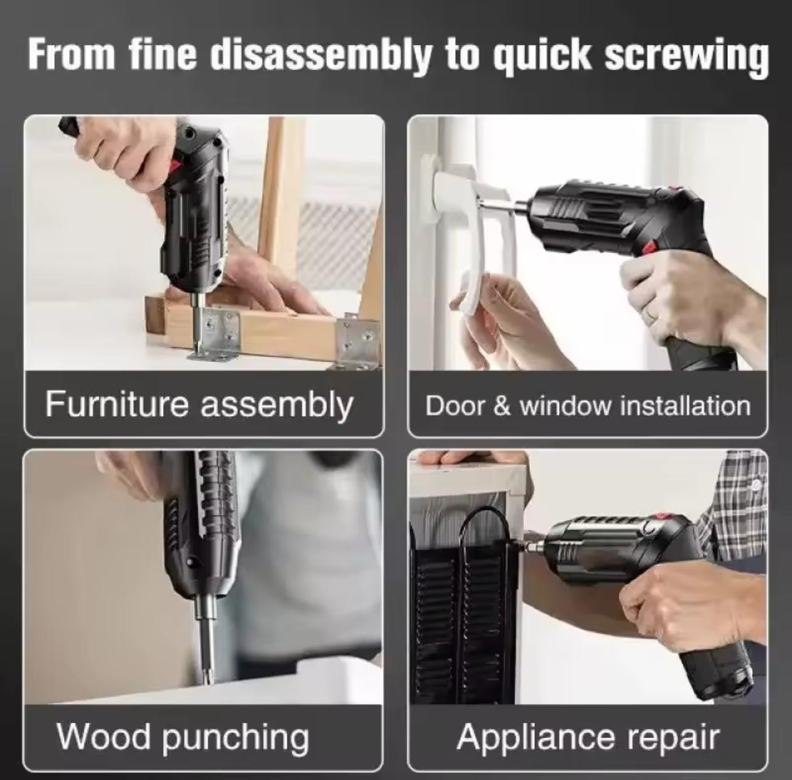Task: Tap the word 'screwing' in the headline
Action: click(686, 55)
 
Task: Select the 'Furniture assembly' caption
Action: click(199, 404)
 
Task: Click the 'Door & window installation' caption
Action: click(587, 406)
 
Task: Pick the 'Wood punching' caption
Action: click(183, 737)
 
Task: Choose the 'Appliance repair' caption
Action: click(587, 737)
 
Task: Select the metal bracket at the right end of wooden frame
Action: click(358, 342)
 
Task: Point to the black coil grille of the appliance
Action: click(460, 617)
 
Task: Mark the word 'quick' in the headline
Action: click(543, 55)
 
